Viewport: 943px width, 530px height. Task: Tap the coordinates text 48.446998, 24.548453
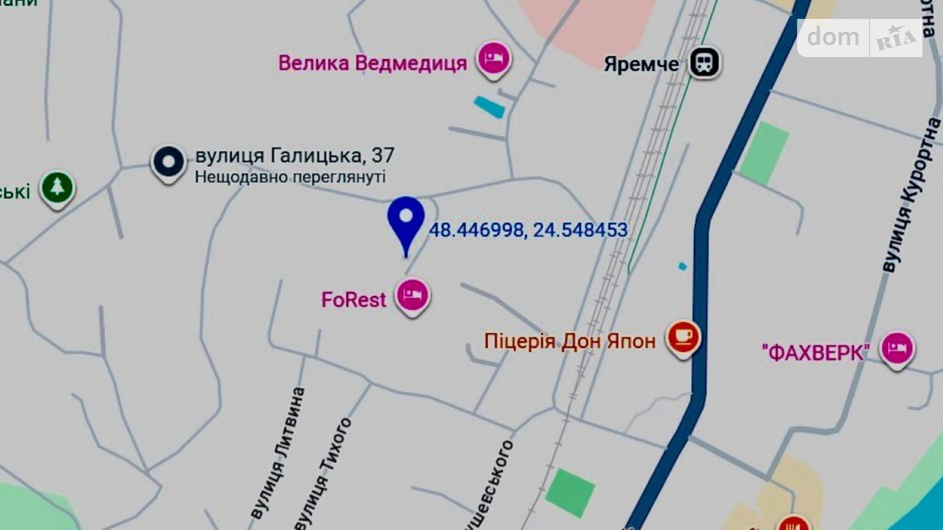pyautogui.click(x=528, y=230)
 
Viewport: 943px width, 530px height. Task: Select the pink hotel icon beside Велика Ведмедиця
pyautogui.click(x=493, y=59)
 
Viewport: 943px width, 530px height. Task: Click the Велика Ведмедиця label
pyautogui.click(x=372, y=63)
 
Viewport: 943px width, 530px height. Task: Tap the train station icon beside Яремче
pyautogui.click(x=704, y=62)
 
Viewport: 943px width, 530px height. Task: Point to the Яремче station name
pyautogui.click(x=641, y=64)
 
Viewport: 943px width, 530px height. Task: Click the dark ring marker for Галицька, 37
pyautogui.click(x=168, y=163)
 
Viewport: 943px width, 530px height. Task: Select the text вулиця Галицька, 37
pyautogui.click(x=295, y=155)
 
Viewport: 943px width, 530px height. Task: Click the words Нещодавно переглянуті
pyautogui.click(x=290, y=177)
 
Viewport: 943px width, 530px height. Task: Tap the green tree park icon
pyautogui.click(x=57, y=188)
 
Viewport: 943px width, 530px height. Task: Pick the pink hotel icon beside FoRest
pyautogui.click(x=412, y=295)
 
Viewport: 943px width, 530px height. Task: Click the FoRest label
pyautogui.click(x=353, y=300)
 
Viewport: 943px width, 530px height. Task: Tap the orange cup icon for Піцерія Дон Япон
pyautogui.click(x=683, y=337)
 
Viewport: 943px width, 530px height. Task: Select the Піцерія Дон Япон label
pyautogui.click(x=569, y=341)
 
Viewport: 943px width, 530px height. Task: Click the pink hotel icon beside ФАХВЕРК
pyautogui.click(x=897, y=349)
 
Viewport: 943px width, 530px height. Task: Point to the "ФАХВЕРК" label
pyautogui.click(x=815, y=352)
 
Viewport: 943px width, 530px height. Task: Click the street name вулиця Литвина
pyautogui.click(x=278, y=453)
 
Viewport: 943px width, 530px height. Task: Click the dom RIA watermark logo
pyautogui.click(x=859, y=38)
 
